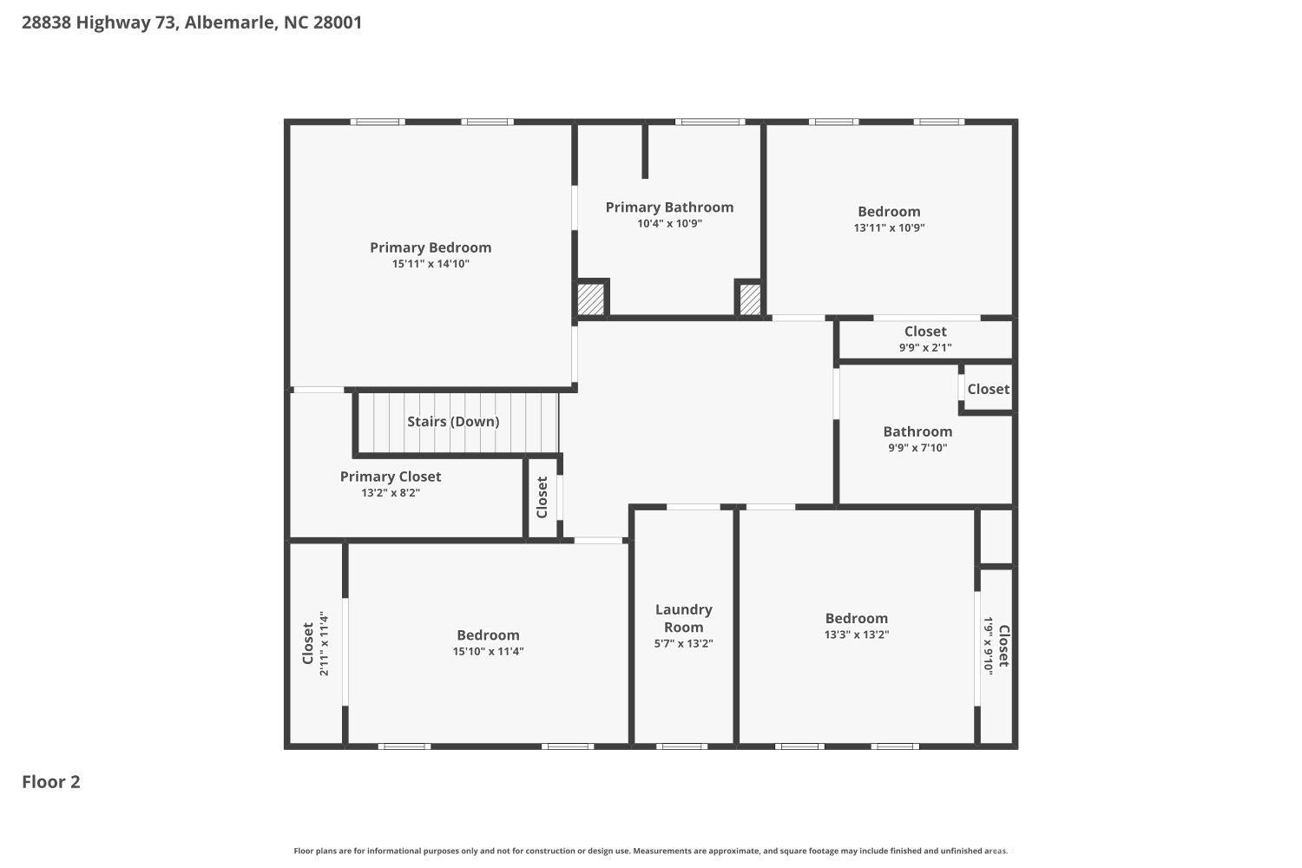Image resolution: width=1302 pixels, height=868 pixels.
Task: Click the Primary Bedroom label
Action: tap(431, 248)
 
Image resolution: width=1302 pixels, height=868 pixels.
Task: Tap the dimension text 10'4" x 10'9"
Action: tap(669, 224)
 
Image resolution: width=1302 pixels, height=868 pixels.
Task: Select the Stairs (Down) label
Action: tap(453, 422)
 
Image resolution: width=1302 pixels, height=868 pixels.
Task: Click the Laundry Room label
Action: tap(684, 618)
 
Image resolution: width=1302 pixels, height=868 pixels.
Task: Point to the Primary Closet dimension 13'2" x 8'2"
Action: tap(391, 493)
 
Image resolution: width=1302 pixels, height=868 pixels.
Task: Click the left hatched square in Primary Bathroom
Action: tap(591, 299)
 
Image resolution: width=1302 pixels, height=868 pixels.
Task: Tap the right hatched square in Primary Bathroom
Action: tap(750, 299)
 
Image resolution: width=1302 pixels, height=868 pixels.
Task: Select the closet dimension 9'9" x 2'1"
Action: tap(925, 347)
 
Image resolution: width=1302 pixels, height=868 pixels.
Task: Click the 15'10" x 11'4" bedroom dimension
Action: tap(488, 652)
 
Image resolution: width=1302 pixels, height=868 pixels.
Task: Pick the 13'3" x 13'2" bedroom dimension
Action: tap(857, 635)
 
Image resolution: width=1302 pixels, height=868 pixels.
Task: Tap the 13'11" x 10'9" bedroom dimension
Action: tap(889, 228)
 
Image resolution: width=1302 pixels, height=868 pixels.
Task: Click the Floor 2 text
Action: tap(51, 782)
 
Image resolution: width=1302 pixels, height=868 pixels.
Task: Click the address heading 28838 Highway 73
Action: tap(191, 23)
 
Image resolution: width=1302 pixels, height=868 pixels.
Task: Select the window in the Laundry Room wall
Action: tap(681, 746)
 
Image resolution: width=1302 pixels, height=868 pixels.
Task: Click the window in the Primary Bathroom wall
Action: tap(709, 122)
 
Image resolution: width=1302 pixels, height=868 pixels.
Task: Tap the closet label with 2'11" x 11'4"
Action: tap(308, 643)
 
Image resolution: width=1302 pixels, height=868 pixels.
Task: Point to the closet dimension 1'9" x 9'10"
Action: tap(989, 646)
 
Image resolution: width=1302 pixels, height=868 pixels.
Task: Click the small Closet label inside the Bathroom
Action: tap(989, 389)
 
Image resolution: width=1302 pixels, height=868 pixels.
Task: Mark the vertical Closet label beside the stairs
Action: tap(542, 497)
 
